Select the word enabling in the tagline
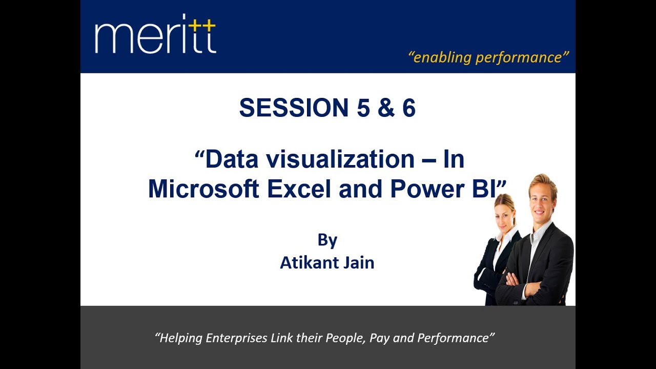click(x=441, y=57)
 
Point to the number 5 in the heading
click(x=361, y=108)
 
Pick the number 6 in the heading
click(x=408, y=108)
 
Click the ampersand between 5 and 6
click(x=384, y=108)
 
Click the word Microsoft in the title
click(x=203, y=189)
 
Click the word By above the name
click(x=327, y=240)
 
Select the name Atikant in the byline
click(x=305, y=262)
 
